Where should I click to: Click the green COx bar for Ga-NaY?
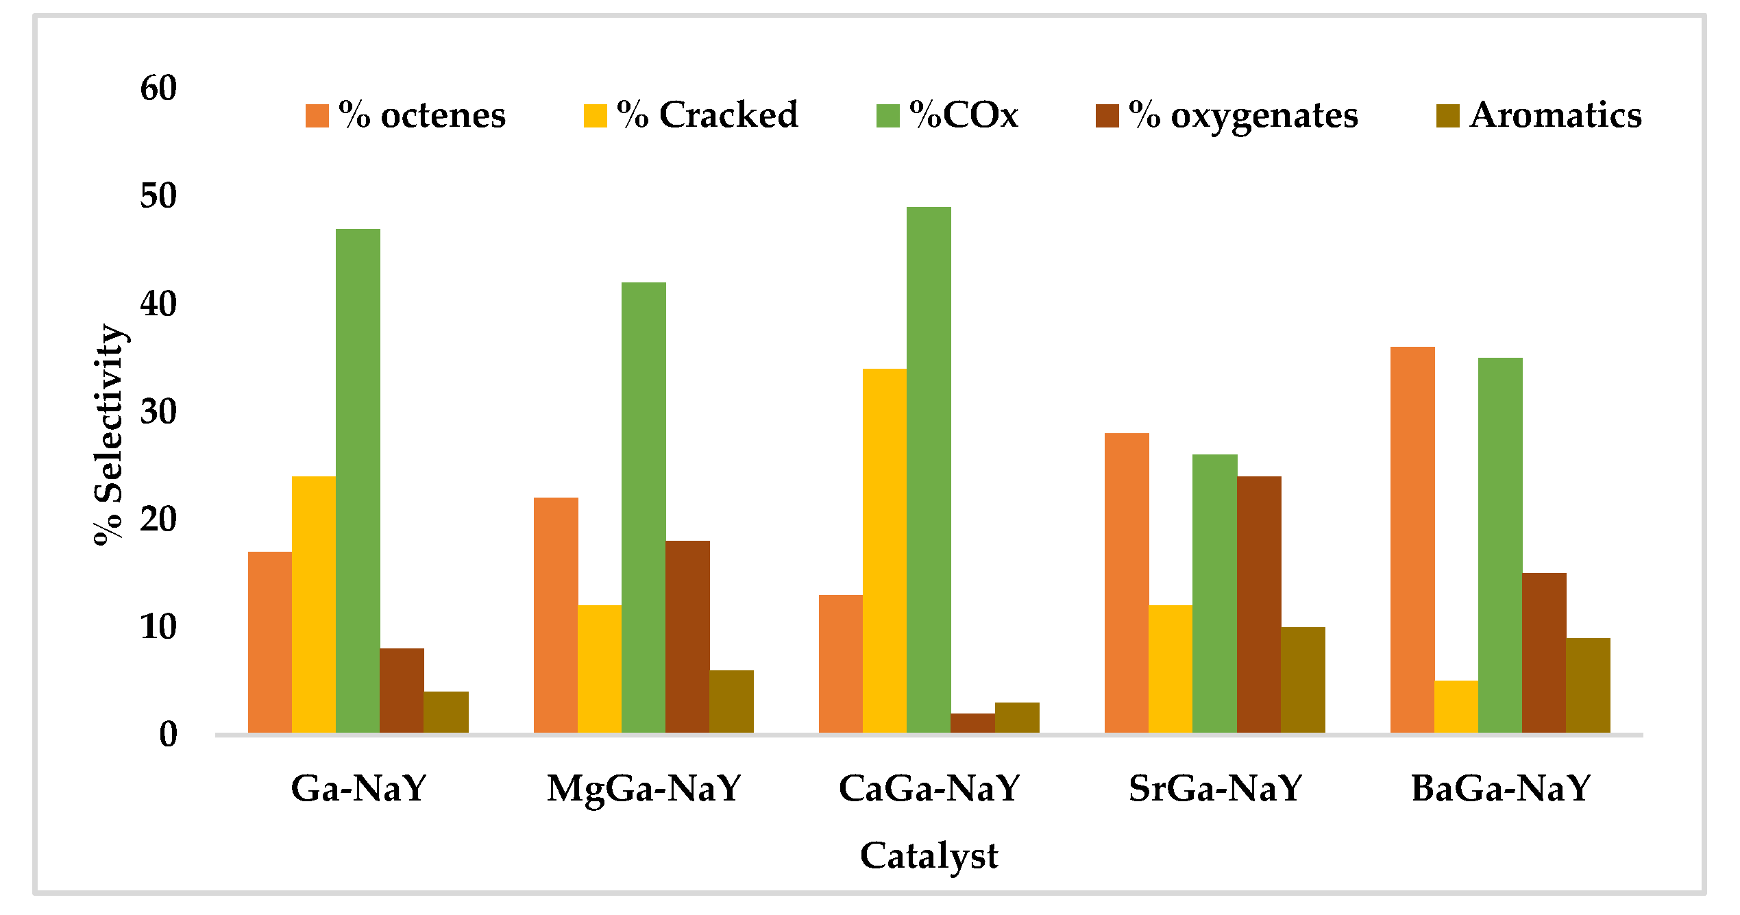coord(358,480)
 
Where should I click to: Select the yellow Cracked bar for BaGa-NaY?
coord(1456,707)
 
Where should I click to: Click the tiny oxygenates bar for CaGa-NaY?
coord(972,723)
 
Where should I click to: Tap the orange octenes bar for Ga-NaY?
coord(269,642)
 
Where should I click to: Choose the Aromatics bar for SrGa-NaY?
coord(1303,680)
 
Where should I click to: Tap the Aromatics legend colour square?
coord(1447,116)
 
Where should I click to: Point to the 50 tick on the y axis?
coord(158,197)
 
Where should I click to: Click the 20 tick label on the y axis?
coord(158,520)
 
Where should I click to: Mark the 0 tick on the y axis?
coord(168,735)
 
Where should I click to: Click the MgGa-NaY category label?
coord(644,788)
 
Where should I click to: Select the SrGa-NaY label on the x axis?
coord(1215,788)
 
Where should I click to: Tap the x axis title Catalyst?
coord(929,856)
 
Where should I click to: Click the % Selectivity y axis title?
coord(108,435)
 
